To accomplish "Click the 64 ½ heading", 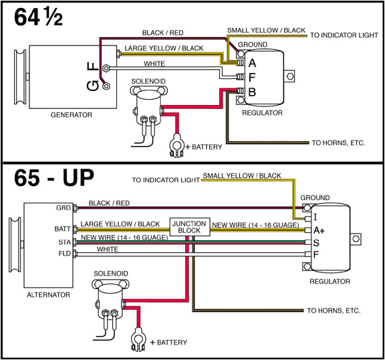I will tap(38, 17).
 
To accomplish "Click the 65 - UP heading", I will tap(50, 179).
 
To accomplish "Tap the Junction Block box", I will tap(190, 228).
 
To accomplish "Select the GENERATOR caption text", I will tap(72, 115).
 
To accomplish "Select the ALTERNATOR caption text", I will tap(49, 294).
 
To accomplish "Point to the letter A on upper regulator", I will tap(253, 63).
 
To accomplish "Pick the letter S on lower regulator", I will tap(316, 242).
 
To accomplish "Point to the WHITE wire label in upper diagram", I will tap(154, 64).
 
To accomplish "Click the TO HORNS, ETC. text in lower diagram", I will tap(334, 310).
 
